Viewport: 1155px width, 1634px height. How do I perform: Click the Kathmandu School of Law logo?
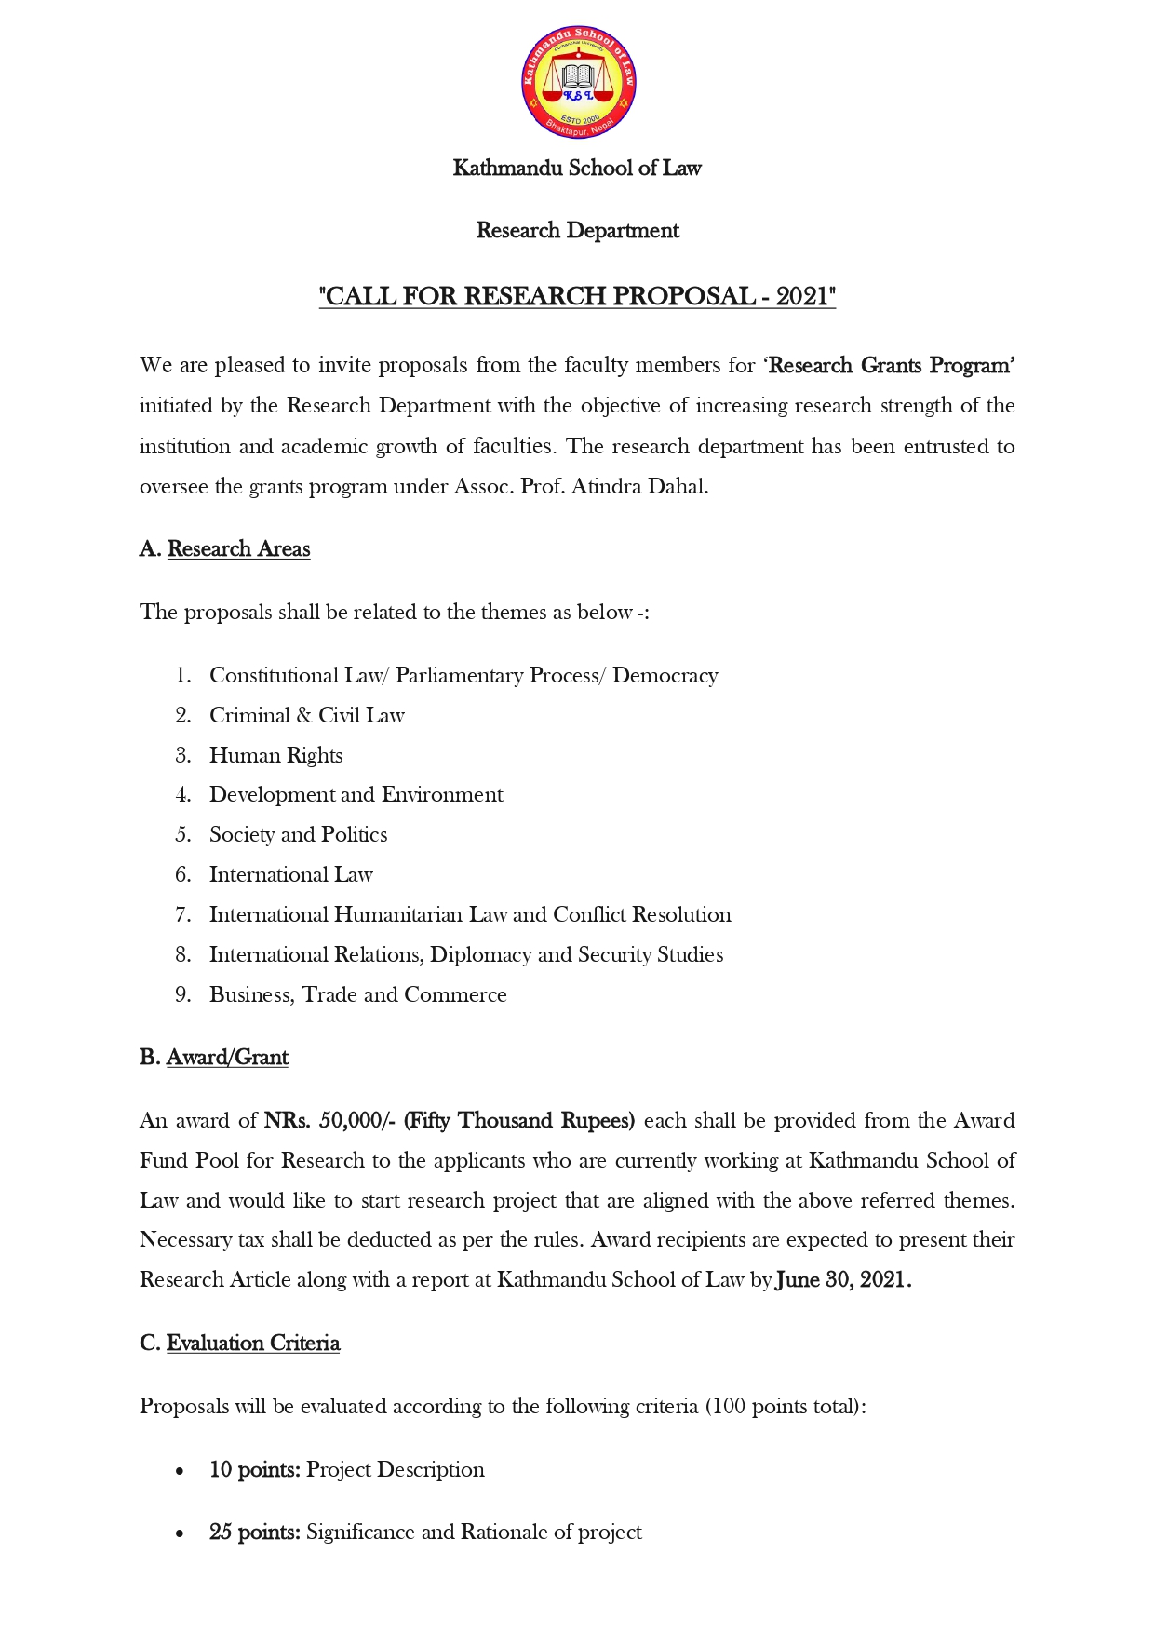click(x=578, y=83)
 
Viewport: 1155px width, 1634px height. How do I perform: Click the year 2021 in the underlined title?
click(x=801, y=296)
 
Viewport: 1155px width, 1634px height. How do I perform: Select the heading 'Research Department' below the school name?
click(x=577, y=230)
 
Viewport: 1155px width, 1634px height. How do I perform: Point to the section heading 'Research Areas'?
click(x=238, y=549)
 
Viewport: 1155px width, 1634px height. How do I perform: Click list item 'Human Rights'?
click(x=275, y=755)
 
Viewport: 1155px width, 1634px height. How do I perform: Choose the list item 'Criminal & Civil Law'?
click(x=306, y=715)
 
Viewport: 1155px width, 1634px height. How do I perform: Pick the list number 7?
click(x=182, y=914)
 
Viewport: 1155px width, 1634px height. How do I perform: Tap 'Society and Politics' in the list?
click(x=298, y=834)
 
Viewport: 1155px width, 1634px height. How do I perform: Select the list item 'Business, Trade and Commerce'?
click(x=357, y=994)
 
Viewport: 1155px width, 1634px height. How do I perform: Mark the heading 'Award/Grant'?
click(x=227, y=1058)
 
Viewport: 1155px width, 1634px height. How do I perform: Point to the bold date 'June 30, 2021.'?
click(x=843, y=1279)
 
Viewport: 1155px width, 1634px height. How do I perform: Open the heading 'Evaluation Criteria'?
click(x=253, y=1343)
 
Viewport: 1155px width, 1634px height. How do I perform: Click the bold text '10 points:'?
click(x=254, y=1469)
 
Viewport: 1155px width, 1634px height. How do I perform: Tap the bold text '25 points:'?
click(x=254, y=1532)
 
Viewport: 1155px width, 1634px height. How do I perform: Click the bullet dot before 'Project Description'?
click(x=180, y=1471)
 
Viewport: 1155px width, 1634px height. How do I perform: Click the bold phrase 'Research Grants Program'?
click(x=890, y=365)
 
